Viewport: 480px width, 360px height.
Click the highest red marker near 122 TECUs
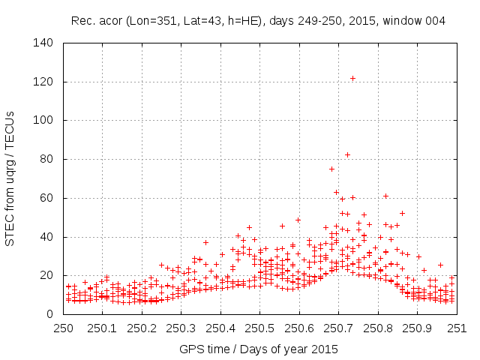coord(352,78)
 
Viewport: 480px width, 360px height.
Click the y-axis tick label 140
coord(48,43)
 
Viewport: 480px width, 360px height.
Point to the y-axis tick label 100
coord(48,121)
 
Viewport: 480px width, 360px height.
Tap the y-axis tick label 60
coord(51,199)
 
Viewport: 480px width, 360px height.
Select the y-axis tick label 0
coord(54,315)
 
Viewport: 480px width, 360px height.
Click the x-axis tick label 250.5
coord(259,328)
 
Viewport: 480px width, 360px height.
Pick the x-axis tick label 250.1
coord(103,328)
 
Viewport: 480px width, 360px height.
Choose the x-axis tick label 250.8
coord(377,328)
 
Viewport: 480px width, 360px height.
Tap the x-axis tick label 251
coord(456,328)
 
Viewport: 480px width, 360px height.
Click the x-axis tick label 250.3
coord(181,328)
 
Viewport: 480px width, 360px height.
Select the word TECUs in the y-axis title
coord(10,128)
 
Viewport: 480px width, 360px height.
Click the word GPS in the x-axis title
coord(190,349)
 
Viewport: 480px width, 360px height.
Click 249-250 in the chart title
coord(309,21)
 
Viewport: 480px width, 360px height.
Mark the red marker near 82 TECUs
coord(347,154)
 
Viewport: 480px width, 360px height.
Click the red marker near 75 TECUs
coord(331,169)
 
